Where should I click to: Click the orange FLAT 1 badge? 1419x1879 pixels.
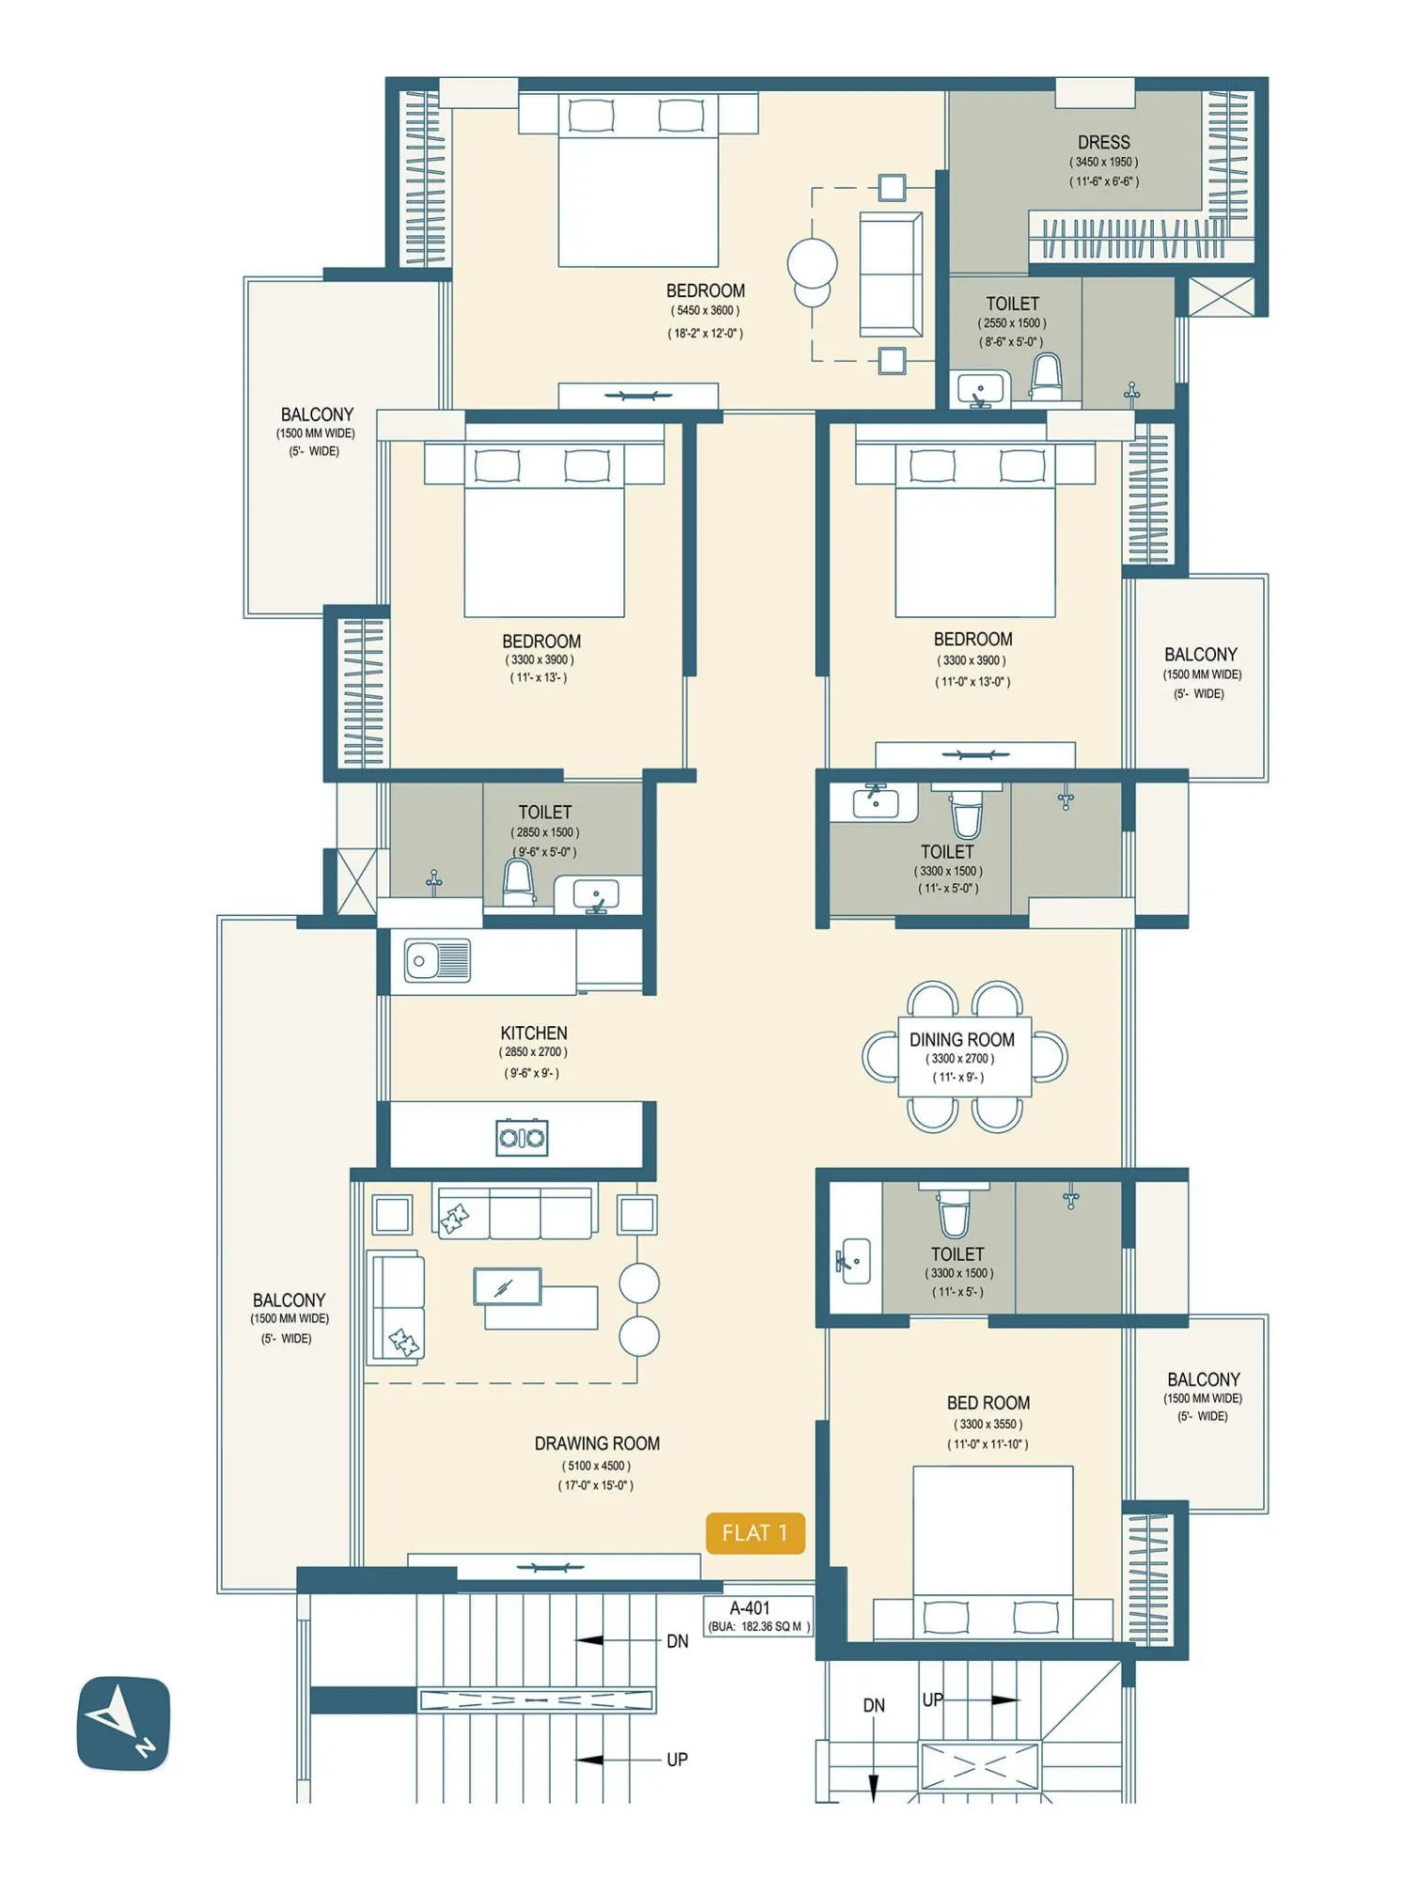tap(755, 1532)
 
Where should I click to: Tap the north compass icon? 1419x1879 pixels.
tap(123, 1723)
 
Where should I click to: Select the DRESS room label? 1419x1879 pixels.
tap(1103, 142)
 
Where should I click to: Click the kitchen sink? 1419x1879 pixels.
tap(437, 961)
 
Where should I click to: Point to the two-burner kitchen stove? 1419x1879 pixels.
tap(522, 1138)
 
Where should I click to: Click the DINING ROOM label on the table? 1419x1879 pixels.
tap(961, 1039)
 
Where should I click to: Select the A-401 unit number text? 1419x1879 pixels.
tap(749, 1607)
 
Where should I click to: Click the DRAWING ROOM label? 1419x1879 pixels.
tap(597, 1443)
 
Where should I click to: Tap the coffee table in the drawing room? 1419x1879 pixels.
tap(507, 1287)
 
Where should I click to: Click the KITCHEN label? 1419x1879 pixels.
tap(533, 1033)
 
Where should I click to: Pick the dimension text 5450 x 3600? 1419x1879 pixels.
tap(705, 311)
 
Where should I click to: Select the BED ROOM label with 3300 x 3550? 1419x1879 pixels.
tap(988, 1403)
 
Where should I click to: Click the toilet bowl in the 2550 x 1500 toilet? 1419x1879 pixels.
tap(1046, 376)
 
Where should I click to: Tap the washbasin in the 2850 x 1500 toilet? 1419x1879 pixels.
tap(596, 893)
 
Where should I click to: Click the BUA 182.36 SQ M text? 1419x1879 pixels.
tap(758, 1626)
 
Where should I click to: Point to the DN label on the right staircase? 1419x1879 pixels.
tap(874, 1705)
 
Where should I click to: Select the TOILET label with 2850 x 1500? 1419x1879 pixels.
tap(544, 812)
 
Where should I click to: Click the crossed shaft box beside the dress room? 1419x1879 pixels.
tap(1221, 297)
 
